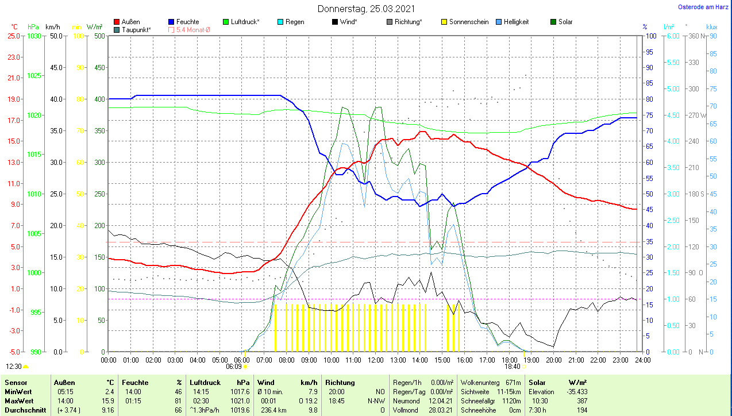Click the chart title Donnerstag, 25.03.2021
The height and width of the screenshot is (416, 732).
(366, 9)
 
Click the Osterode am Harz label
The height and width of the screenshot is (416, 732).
(704, 7)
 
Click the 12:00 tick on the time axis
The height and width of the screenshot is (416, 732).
(376, 360)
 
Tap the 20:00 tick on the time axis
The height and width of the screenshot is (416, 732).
(554, 360)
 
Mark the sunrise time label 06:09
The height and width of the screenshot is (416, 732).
(233, 366)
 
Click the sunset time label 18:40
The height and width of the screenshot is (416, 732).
(512, 366)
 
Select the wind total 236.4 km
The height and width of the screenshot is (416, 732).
(270, 410)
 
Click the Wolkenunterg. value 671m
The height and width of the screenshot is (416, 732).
(513, 383)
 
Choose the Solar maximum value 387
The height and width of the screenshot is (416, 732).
(582, 401)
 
